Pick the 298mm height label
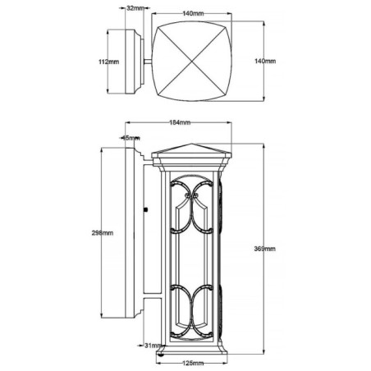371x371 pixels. pyautogui.click(x=103, y=233)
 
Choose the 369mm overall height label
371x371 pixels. pyautogui.click(x=264, y=249)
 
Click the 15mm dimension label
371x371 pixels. pyautogui.click(x=131, y=138)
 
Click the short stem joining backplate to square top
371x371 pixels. pyautogui.click(x=145, y=62)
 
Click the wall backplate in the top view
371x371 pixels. pyautogui.click(x=130, y=62)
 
